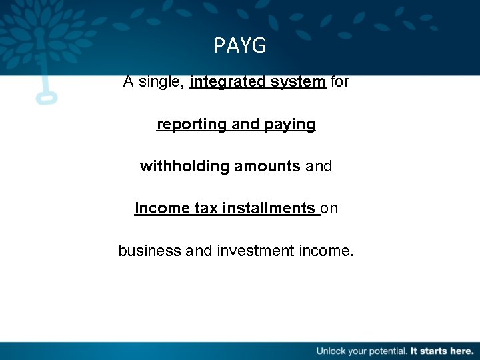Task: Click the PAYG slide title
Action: [x=240, y=45]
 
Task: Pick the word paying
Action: [x=291, y=125]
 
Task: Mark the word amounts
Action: [x=267, y=166]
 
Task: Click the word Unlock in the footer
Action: [x=331, y=350]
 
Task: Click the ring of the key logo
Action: [x=46, y=97]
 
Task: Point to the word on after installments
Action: [x=330, y=208]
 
